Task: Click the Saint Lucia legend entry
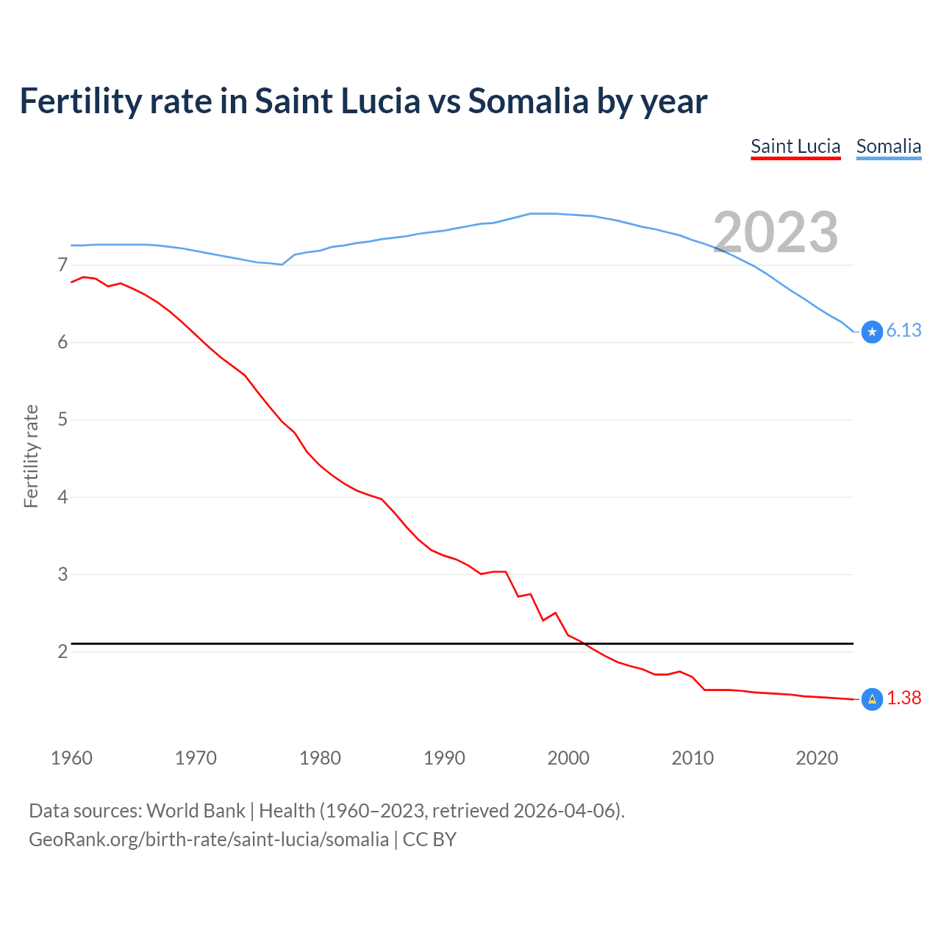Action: point(795,147)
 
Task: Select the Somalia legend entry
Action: point(888,147)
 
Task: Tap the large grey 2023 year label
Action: point(776,232)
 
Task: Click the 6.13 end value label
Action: point(904,331)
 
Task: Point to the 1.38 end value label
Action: point(904,698)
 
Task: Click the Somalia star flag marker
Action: point(872,332)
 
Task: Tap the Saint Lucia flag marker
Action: point(872,699)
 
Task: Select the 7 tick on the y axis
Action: point(62,265)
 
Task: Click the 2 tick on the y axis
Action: point(62,652)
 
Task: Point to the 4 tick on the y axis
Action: point(62,497)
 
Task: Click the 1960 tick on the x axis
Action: point(71,758)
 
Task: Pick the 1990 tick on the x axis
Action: point(444,758)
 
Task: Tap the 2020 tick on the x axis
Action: point(817,758)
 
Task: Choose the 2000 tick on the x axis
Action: point(568,758)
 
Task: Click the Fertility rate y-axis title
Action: point(31,456)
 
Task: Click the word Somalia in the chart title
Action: point(528,101)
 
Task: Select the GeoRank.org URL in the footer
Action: point(209,840)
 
